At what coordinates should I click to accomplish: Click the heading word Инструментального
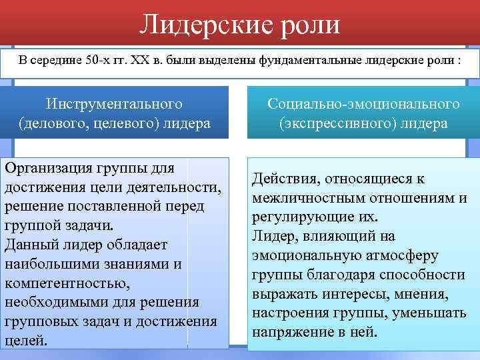114,105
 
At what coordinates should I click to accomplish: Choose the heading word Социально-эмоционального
363,105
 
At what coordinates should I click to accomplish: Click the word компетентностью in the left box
60,283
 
